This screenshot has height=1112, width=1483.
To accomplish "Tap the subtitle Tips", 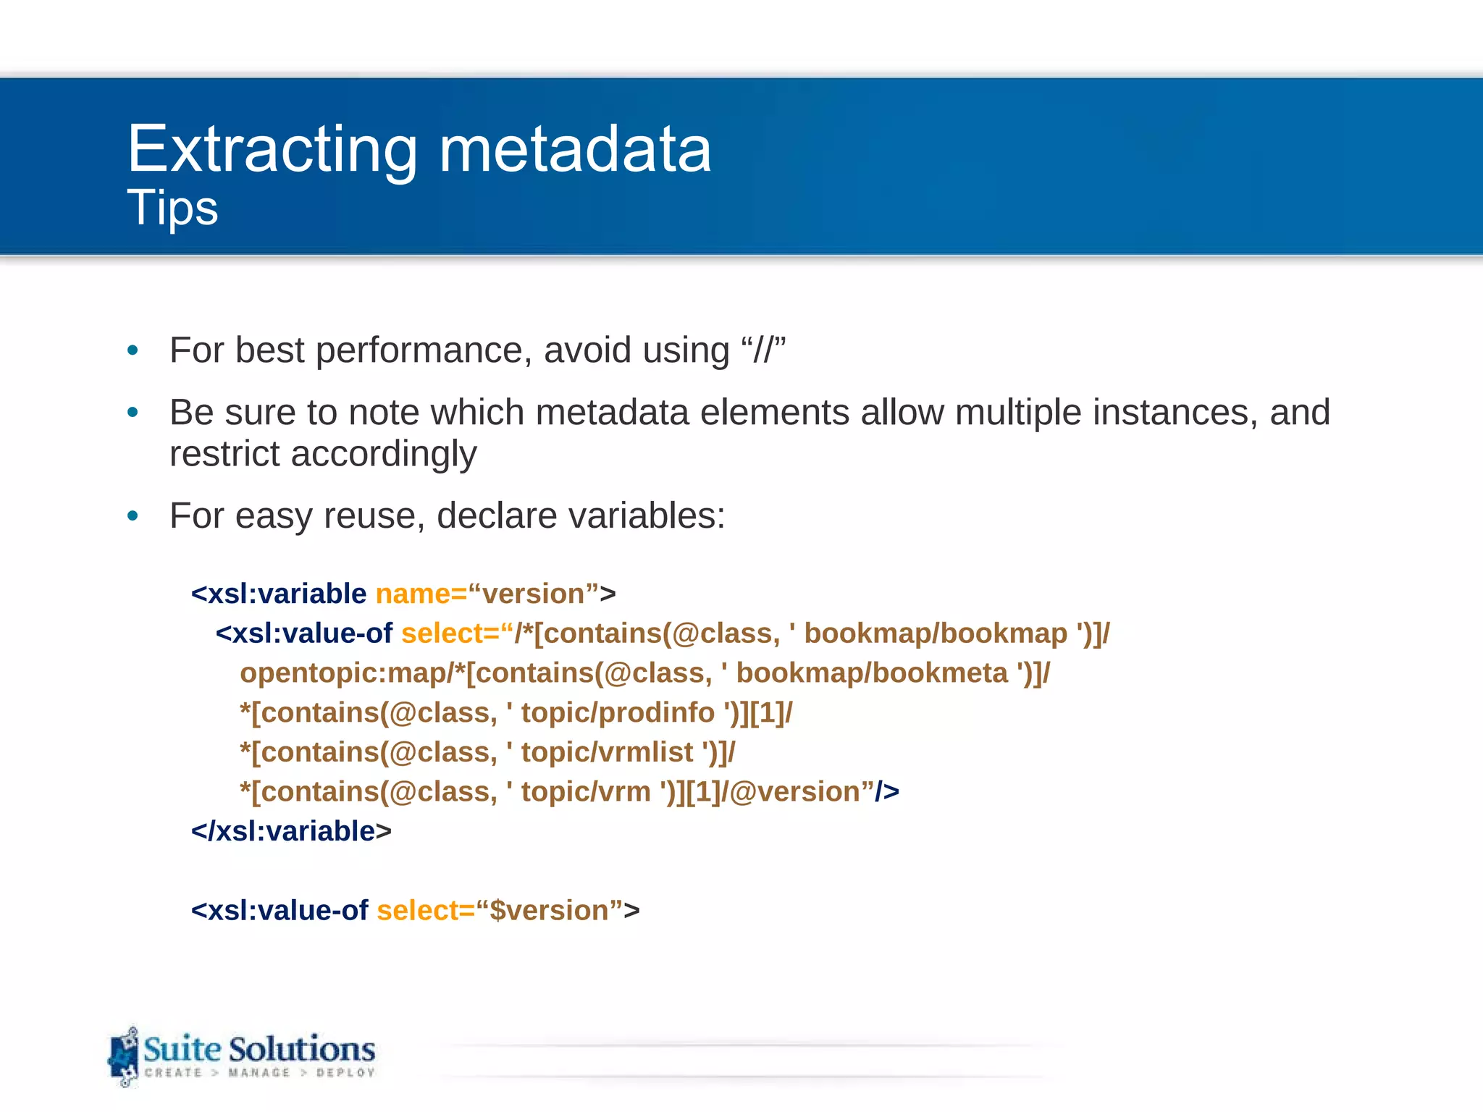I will pos(172,208).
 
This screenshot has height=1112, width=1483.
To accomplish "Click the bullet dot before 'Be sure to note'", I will pos(133,413).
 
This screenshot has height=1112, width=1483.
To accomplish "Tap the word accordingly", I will pos(384,454).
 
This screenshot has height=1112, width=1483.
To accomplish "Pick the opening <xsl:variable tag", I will pos(279,594).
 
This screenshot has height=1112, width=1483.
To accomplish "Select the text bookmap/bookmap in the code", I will pos(936,634).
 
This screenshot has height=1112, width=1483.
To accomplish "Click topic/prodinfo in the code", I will pos(618,713).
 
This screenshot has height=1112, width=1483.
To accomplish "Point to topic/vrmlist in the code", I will pos(607,753).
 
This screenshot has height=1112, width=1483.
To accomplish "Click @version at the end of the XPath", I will pos(797,792).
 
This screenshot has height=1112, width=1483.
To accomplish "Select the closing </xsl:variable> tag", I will pos(291,832).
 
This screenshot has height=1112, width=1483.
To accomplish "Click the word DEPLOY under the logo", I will pos(345,1073).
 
